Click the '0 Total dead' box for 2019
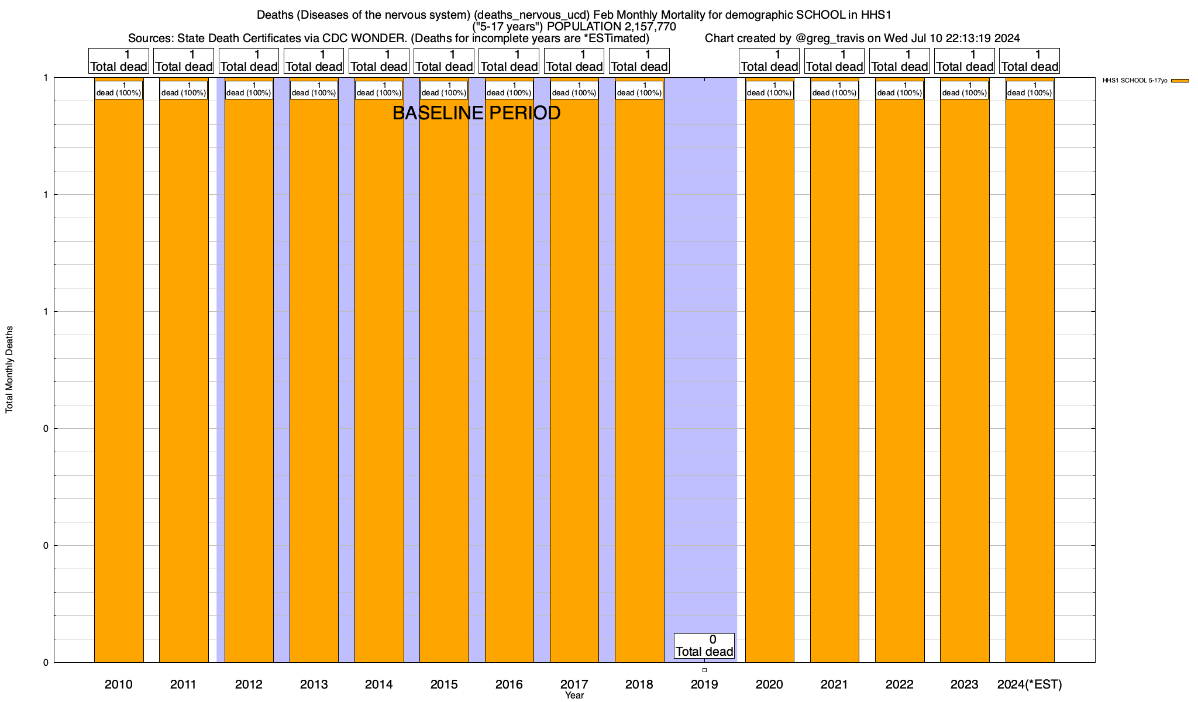coord(704,646)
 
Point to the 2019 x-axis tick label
coord(704,684)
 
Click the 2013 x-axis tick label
coord(314,684)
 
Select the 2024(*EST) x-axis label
coord(1030,684)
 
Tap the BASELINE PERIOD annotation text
coord(476,113)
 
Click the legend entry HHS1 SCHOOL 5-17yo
coord(1134,81)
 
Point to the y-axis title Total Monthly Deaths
coord(9,370)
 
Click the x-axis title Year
coord(574,696)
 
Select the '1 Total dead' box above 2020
coord(769,61)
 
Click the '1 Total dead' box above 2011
coord(184,61)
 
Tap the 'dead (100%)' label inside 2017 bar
coord(574,90)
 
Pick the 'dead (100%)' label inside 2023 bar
coord(965,90)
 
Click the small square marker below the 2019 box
coord(704,670)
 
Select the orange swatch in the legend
coord(1180,81)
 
